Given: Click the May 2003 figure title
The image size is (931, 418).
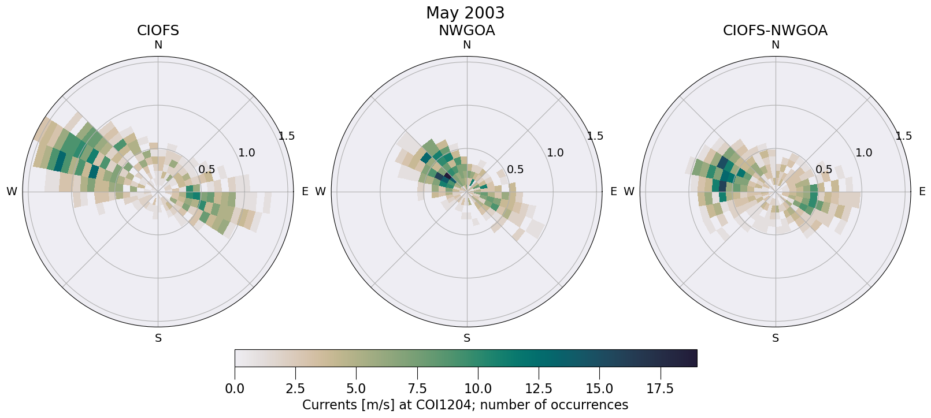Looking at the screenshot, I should coord(465,13).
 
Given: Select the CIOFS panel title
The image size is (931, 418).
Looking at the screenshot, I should coord(158,31).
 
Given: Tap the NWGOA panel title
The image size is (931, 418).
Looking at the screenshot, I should coord(466,31).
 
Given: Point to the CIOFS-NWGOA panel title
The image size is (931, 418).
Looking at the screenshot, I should coord(775,31).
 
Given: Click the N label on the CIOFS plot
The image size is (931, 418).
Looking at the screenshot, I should coord(158,45).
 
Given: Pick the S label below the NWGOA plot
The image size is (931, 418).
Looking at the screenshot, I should coord(467,338).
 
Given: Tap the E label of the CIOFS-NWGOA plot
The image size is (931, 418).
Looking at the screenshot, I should coord(922,192).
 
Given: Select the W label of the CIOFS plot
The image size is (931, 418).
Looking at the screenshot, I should coord(12,192).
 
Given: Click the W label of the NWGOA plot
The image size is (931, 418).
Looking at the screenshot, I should coord(320,192).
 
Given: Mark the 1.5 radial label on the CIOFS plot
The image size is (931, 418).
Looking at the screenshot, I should coord(287,136).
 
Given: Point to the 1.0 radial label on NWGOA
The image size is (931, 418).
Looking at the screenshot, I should coord(555,153).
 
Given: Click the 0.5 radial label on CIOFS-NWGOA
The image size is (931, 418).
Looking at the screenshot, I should coord(824,170).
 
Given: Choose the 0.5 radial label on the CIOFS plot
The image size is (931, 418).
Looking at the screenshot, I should coord(207,170).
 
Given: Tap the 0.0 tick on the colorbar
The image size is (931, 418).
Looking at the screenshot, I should coord(235,389).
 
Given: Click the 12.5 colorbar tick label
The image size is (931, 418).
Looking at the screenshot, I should coord(539,389).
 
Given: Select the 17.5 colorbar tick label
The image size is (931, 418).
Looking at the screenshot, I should coord(660,389).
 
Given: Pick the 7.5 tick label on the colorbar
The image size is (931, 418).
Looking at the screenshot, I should coord(417,389).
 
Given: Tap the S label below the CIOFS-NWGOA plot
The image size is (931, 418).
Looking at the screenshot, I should coord(776,338).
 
